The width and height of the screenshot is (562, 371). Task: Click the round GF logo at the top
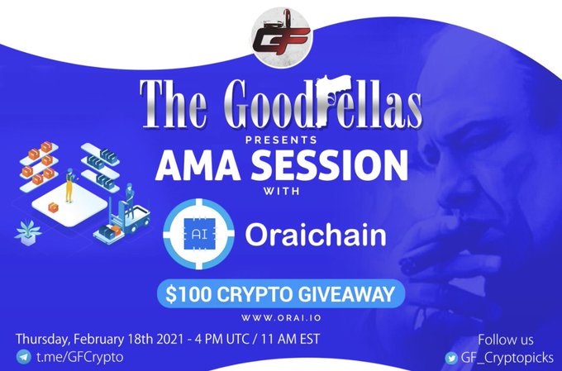281,37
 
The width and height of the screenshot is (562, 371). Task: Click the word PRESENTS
281,139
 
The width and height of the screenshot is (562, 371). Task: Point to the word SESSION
330,165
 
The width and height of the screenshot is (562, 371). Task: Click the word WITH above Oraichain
281,191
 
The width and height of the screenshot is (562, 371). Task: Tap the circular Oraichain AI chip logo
198,234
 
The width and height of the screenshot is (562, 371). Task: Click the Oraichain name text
316,235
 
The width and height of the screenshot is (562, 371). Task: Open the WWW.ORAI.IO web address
281,317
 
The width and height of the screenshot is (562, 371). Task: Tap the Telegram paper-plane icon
23,358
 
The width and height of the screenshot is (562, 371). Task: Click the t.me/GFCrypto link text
79,357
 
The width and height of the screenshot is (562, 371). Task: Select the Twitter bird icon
451,358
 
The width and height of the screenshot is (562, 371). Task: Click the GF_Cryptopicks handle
507,358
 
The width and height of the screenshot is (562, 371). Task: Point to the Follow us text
505,340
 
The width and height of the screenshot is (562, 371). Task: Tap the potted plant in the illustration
28,233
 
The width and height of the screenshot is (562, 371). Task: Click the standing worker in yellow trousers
69,185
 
